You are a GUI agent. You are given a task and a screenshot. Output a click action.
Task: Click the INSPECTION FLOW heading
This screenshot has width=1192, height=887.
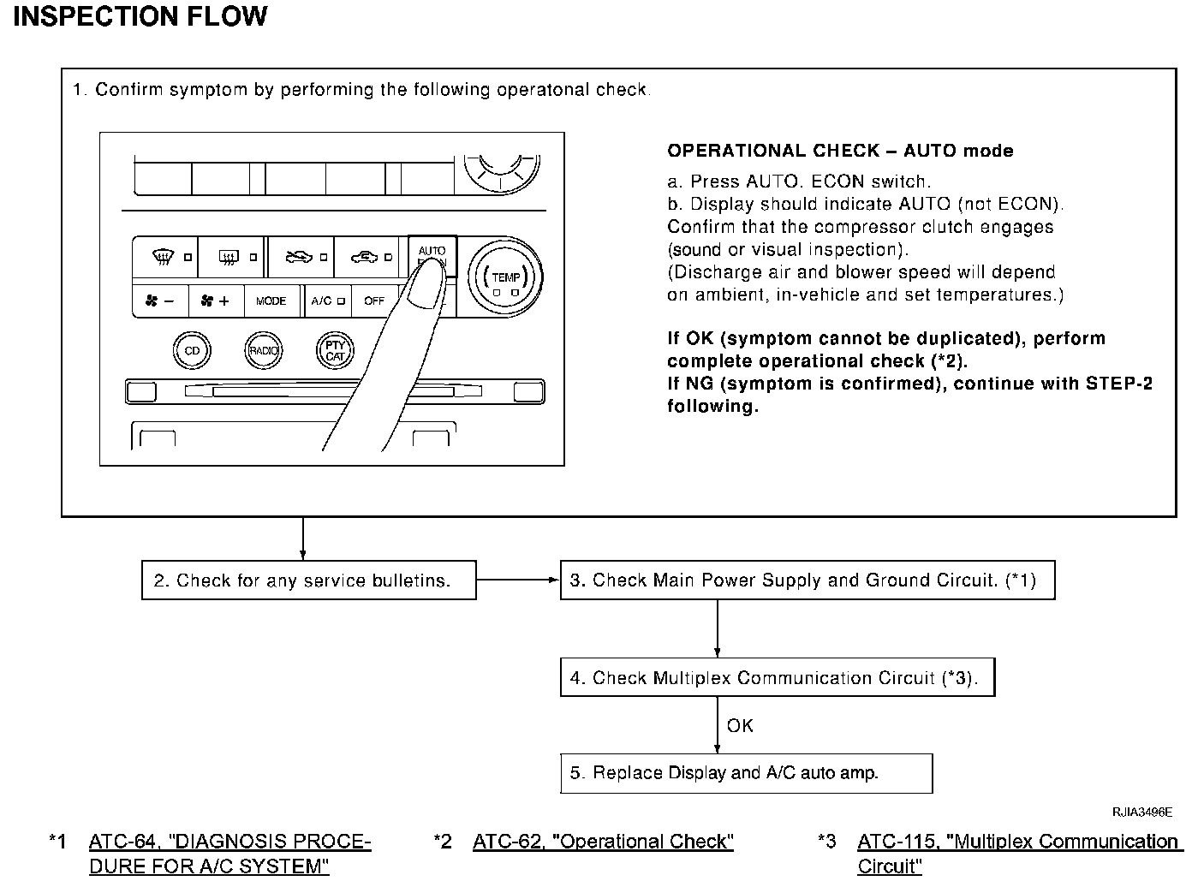click(x=140, y=16)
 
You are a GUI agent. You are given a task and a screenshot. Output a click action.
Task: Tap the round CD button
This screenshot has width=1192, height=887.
click(x=192, y=350)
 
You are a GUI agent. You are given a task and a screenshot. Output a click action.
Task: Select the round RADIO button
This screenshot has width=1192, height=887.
click(x=263, y=350)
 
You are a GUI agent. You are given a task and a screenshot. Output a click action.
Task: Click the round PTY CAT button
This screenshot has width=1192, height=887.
click(x=335, y=350)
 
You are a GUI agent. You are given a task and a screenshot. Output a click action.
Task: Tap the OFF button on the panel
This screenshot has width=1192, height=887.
click(x=374, y=301)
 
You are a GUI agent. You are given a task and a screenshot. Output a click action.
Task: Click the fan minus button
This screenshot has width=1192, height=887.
click(x=161, y=301)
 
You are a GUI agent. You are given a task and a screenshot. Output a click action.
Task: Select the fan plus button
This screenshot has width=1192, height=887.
click(x=215, y=301)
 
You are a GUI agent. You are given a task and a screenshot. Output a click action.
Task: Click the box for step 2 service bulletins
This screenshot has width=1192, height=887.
click(x=308, y=580)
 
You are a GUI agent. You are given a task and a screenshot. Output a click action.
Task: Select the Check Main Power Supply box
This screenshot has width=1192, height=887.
click(x=807, y=580)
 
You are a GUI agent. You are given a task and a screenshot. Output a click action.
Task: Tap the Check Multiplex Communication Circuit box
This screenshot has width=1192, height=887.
click(x=777, y=678)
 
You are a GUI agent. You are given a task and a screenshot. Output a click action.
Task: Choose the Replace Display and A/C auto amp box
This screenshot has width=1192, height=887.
click(x=746, y=773)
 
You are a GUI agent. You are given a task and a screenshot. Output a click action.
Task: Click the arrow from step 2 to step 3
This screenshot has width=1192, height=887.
click(x=518, y=580)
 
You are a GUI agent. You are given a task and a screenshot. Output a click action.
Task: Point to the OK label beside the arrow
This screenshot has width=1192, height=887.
click(x=740, y=726)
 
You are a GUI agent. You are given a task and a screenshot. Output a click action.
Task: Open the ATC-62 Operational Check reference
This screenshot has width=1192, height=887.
click(x=603, y=842)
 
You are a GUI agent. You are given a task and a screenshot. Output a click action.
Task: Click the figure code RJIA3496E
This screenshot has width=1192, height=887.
click(x=1142, y=812)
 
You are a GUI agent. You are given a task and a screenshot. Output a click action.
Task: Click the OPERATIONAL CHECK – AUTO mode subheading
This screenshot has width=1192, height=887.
click(x=840, y=152)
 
